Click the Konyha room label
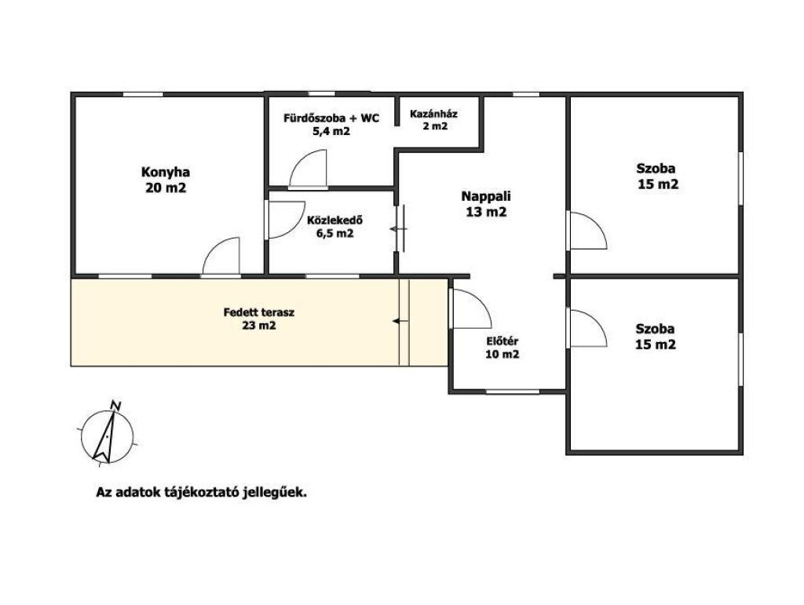click(165, 172)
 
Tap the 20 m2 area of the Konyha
click(166, 188)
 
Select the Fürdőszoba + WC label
click(331, 118)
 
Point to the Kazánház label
click(433, 114)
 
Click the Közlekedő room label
click(334, 220)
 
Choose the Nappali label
click(486, 196)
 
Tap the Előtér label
click(502, 341)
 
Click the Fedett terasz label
click(259, 312)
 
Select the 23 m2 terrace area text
click(259, 326)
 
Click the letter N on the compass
click(116, 406)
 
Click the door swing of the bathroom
click(308, 168)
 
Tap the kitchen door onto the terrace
click(221, 256)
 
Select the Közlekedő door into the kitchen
click(285, 220)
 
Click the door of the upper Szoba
click(589, 231)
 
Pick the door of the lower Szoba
click(589, 329)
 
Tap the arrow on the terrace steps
click(400, 321)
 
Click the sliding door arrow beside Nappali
click(397, 229)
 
